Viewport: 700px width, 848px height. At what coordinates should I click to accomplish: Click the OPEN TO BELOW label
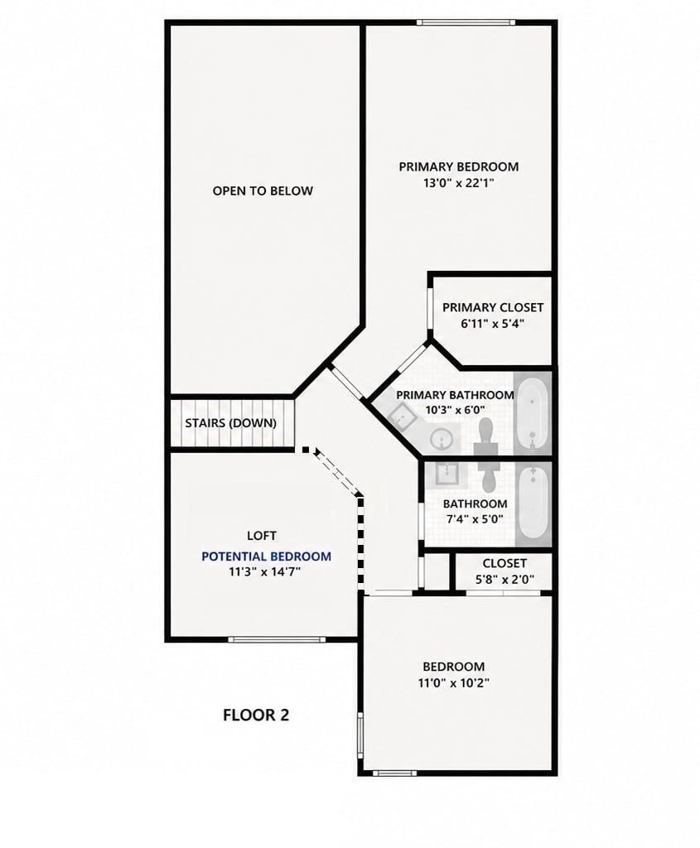tap(263, 191)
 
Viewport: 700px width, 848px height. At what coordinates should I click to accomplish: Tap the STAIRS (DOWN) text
tap(230, 423)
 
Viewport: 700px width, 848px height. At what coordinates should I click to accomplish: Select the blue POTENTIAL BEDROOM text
tap(266, 556)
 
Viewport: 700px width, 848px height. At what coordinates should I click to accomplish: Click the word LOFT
tap(262, 536)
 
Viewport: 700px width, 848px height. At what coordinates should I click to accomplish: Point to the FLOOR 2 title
tap(256, 715)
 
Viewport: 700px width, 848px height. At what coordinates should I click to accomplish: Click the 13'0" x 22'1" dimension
tap(459, 183)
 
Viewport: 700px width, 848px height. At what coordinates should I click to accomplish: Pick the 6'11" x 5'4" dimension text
tap(492, 324)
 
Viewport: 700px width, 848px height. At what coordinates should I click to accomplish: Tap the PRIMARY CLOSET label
tap(493, 307)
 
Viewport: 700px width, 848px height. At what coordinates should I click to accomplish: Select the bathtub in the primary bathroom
tap(533, 413)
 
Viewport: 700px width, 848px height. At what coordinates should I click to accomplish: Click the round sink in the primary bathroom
tap(442, 438)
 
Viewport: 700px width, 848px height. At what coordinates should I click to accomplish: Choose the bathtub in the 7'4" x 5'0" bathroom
tap(533, 503)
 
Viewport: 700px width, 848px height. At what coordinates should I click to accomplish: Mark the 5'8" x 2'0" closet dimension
tap(504, 580)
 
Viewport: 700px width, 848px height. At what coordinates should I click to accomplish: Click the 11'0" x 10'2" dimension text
tap(453, 682)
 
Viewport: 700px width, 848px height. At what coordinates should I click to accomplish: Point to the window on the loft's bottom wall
tap(277, 639)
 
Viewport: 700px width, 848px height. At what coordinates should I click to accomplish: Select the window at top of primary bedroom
tap(466, 22)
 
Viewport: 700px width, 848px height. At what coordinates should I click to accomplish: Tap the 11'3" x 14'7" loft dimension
tap(264, 571)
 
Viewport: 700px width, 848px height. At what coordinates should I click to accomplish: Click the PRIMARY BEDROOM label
tap(459, 166)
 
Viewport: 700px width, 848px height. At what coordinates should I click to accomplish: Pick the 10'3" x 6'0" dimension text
tap(455, 410)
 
